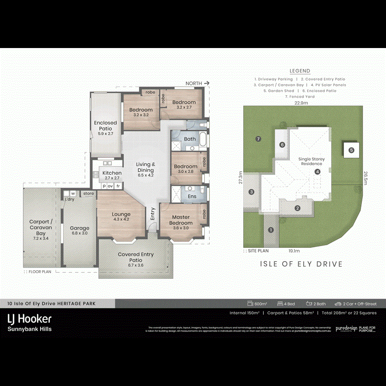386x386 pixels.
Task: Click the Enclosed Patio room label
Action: point(105,126)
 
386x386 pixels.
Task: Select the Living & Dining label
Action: point(146,167)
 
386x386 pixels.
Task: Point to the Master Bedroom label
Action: point(181,220)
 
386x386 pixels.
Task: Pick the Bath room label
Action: point(190,139)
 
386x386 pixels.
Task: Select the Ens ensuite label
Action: point(192,196)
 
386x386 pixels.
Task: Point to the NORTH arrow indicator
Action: point(197,83)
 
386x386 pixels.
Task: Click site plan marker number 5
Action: point(351,150)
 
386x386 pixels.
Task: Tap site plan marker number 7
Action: point(258,139)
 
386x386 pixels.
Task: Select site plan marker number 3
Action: point(251,192)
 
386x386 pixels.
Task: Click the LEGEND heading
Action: point(300,71)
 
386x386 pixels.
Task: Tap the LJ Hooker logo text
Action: point(30,319)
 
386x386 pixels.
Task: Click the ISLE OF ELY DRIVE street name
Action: point(302,264)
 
